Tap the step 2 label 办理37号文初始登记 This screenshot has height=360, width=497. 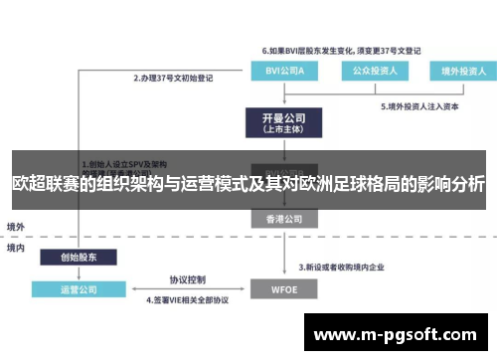pyautogui.click(x=176, y=75)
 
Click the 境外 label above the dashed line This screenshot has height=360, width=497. pyautogui.click(x=17, y=226)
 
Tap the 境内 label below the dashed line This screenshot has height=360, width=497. pyautogui.click(x=17, y=246)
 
